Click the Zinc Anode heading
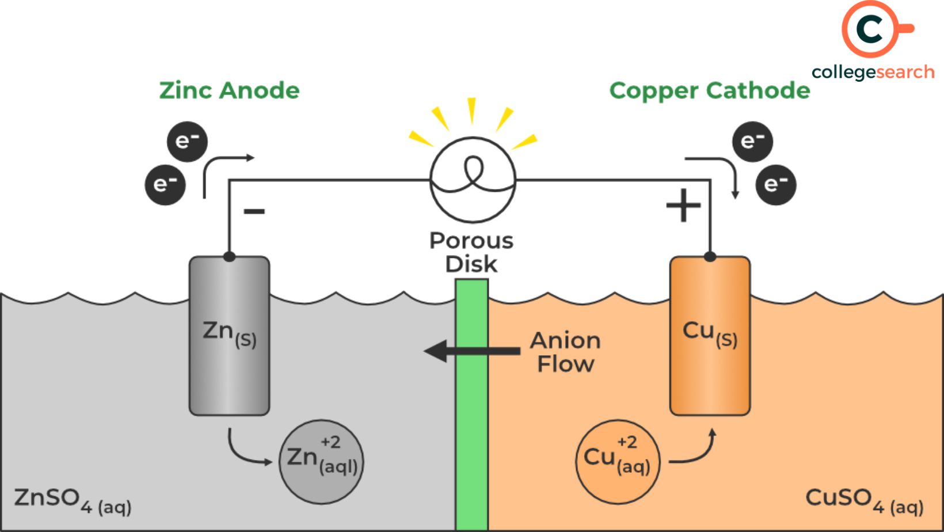229,90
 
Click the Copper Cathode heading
709,90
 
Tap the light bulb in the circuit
473,180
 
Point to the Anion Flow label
565,352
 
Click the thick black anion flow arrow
472,351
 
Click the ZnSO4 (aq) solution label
73,500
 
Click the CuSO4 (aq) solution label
864,500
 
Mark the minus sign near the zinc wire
254,211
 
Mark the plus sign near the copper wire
683,206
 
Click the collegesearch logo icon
871,29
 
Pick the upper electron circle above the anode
187,141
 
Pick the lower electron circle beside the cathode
775,184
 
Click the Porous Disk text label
471,252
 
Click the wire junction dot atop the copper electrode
710,256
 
